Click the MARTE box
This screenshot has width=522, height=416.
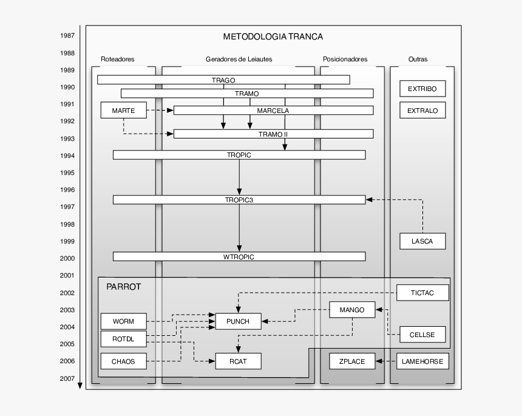pos(123,111)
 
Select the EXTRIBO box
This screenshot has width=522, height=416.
pos(422,89)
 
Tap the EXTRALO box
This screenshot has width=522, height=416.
pos(422,111)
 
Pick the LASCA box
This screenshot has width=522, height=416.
pos(422,241)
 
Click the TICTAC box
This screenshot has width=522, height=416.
pos(422,293)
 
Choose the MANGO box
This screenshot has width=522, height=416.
pos(352,310)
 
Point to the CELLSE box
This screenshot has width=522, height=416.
pos(422,334)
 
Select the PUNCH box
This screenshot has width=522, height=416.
pos(238,321)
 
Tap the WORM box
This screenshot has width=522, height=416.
pos(123,321)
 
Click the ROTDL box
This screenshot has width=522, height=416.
pos(123,338)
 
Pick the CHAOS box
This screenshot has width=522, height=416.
pos(123,361)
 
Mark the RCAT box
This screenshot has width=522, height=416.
pos(238,361)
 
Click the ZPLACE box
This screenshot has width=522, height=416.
pos(352,361)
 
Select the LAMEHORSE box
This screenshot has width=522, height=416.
pos(422,361)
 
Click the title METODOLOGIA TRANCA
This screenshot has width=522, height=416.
pos(273,36)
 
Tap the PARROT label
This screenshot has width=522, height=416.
pos(124,287)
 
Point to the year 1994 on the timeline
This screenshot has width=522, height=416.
pos(67,155)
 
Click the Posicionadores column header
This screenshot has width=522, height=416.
pos(345,60)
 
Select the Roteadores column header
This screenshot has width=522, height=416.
pos(118,60)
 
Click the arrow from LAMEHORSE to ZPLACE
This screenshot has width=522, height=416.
pos(385,361)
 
